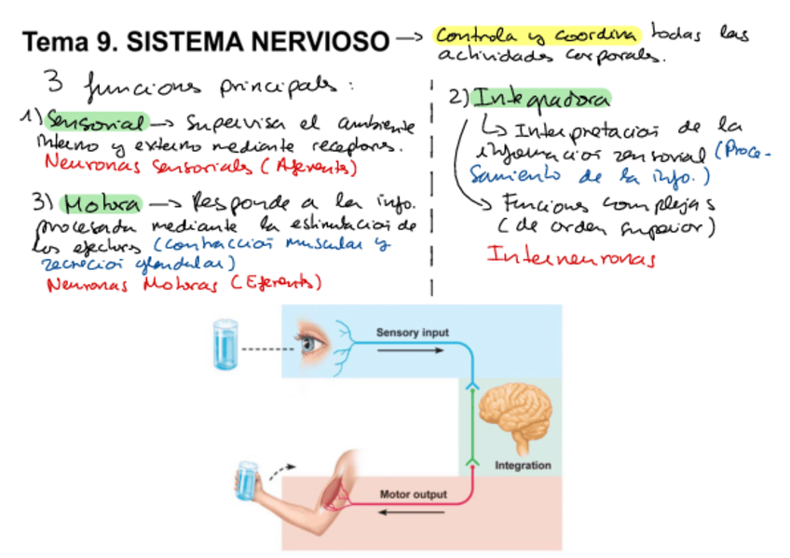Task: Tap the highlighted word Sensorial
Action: click(x=98, y=122)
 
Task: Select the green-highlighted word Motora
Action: click(x=102, y=204)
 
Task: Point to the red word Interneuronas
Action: click(x=571, y=255)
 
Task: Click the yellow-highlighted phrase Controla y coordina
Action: click(x=538, y=35)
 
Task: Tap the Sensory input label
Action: click(x=412, y=333)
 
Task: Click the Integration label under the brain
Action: click(x=523, y=465)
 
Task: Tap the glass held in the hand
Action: click(x=247, y=480)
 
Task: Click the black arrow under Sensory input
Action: click(x=412, y=350)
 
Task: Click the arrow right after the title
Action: click(x=411, y=40)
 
